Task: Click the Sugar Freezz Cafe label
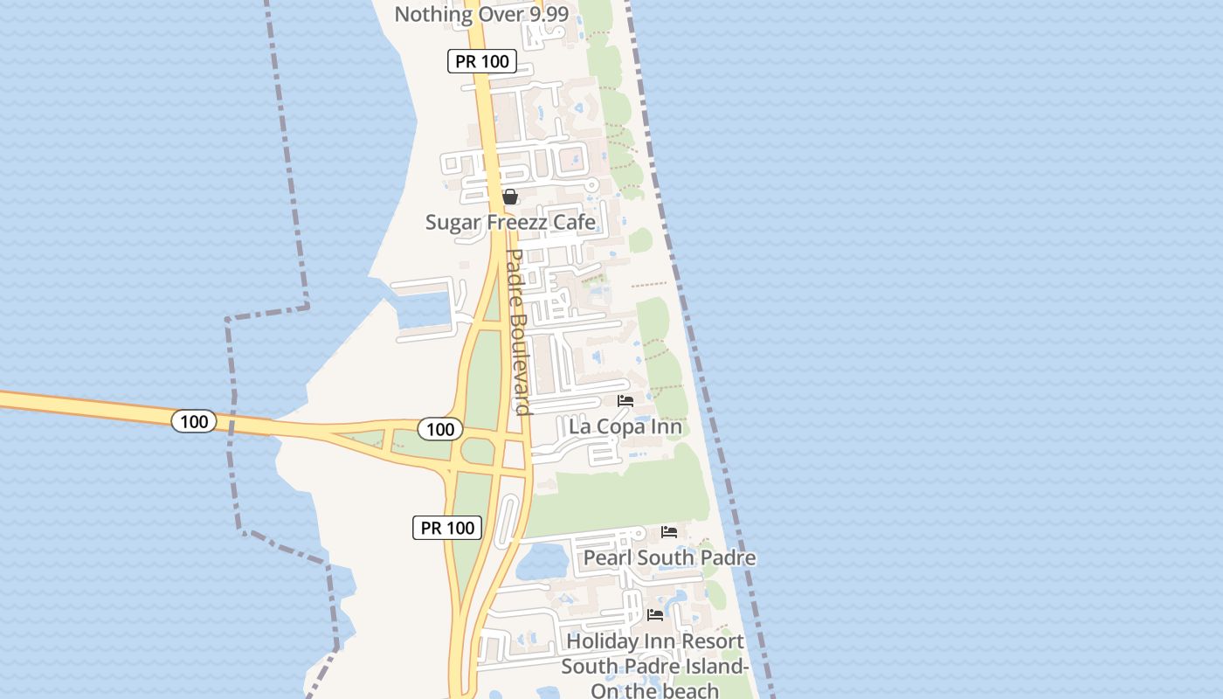click(510, 222)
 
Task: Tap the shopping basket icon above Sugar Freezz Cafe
click(510, 197)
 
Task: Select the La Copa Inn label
click(625, 427)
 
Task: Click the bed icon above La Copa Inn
click(625, 401)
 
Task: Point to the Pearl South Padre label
click(669, 557)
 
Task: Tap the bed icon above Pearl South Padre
click(669, 531)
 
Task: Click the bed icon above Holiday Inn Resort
click(655, 615)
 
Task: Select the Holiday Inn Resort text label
click(655, 641)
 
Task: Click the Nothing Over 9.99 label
click(481, 14)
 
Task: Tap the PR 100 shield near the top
click(482, 61)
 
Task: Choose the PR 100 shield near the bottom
click(447, 527)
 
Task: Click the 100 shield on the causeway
click(193, 421)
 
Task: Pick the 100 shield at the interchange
click(440, 428)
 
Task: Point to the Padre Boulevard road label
click(519, 332)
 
